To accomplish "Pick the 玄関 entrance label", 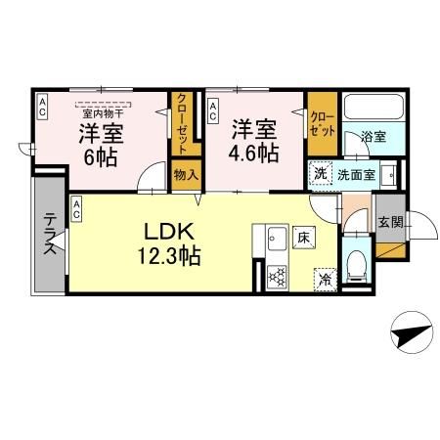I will [390, 222].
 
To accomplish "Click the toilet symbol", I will [356, 264].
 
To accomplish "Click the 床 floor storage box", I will [304, 238].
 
